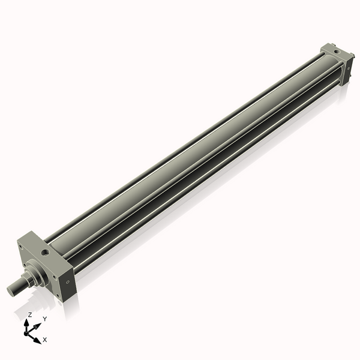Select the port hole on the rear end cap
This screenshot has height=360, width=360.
tap(338, 55)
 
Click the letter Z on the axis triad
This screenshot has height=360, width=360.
tap(29, 314)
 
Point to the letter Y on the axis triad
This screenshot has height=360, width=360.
tap(44, 319)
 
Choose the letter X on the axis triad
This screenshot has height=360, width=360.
tap(44, 340)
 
